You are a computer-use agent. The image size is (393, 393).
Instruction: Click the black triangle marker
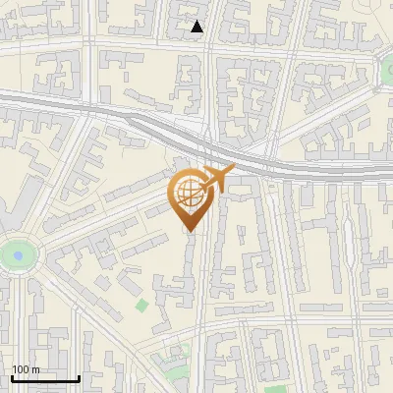click(x=197, y=27)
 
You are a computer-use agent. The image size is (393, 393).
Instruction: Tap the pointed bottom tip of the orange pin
click(x=189, y=230)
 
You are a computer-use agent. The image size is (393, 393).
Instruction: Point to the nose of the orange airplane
click(x=232, y=170)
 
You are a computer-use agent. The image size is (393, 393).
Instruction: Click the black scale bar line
click(x=44, y=378)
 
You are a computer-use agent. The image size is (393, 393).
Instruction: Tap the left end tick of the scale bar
click(x=11, y=376)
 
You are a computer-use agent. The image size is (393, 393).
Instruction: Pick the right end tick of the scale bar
click(x=79, y=376)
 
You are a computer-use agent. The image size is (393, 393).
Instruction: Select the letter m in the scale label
click(x=35, y=369)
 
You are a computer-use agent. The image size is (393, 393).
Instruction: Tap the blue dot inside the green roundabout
click(x=17, y=256)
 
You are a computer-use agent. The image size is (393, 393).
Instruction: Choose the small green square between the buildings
click(x=142, y=305)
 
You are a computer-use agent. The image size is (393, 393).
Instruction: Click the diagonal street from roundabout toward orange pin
click(x=98, y=222)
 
